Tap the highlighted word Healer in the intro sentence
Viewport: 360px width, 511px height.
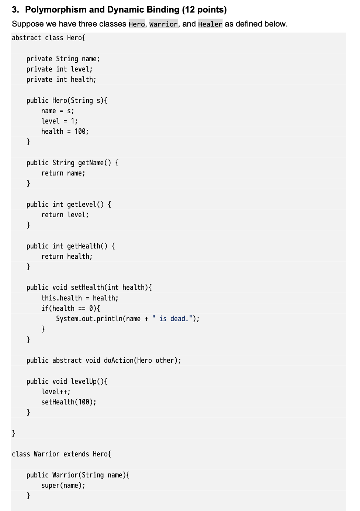pyautogui.click(x=210, y=24)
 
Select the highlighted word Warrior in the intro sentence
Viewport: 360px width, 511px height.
pyautogui.click(x=163, y=24)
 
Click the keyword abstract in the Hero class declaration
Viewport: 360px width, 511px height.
pyautogui.click(x=26, y=38)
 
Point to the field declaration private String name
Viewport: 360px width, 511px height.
pyautogui.click(x=63, y=59)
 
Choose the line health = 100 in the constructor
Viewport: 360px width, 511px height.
pyautogui.click(x=65, y=132)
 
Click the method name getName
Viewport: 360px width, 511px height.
pyautogui.click(x=91, y=163)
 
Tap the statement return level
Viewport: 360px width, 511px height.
pyautogui.click(x=65, y=215)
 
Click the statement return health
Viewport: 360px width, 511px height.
pyautogui.click(x=67, y=257)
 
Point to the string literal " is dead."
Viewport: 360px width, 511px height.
pyautogui.click(x=172, y=319)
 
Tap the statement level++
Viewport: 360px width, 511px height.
pyautogui.click(x=56, y=392)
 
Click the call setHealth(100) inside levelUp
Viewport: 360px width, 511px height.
pyautogui.click(x=69, y=402)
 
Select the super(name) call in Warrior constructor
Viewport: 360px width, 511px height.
pyautogui.click(x=63, y=486)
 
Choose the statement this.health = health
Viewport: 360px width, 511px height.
pyautogui.click(x=80, y=298)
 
